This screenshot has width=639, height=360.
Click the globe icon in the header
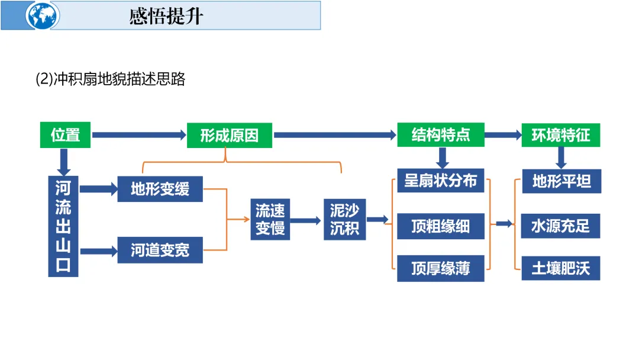pyautogui.click(x=43, y=16)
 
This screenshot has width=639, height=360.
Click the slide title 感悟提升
pyautogui.click(x=166, y=16)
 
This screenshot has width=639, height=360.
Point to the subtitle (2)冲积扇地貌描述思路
pyautogui.click(x=111, y=79)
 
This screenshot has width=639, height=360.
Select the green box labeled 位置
pyautogui.click(x=66, y=136)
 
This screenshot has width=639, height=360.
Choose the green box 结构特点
pyautogui.click(x=441, y=136)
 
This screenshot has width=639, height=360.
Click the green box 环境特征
pyautogui.click(x=560, y=136)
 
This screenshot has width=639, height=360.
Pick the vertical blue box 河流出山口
pyautogui.click(x=63, y=226)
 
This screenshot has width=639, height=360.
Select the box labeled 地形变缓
pyautogui.click(x=160, y=189)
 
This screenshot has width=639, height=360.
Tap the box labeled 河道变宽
pyautogui.click(x=160, y=250)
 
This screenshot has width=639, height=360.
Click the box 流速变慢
pyautogui.click(x=270, y=219)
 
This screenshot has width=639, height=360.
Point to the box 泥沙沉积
pyautogui.click(x=345, y=219)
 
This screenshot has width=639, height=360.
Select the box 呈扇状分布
pyautogui.click(x=441, y=181)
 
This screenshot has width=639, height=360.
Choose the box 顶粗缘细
pyautogui.click(x=441, y=226)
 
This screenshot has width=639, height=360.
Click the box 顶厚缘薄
pyautogui.click(x=441, y=268)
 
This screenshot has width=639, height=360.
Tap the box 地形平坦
pyautogui.click(x=561, y=181)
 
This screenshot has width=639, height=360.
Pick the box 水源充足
pyautogui.click(x=561, y=226)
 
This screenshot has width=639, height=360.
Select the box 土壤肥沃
pyautogui.click(x=561, y=268)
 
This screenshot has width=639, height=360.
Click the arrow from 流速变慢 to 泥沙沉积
pyautogui.click(x=306, y=220)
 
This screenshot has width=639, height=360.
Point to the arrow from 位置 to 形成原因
pyautogui.click(x=140, y=136)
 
